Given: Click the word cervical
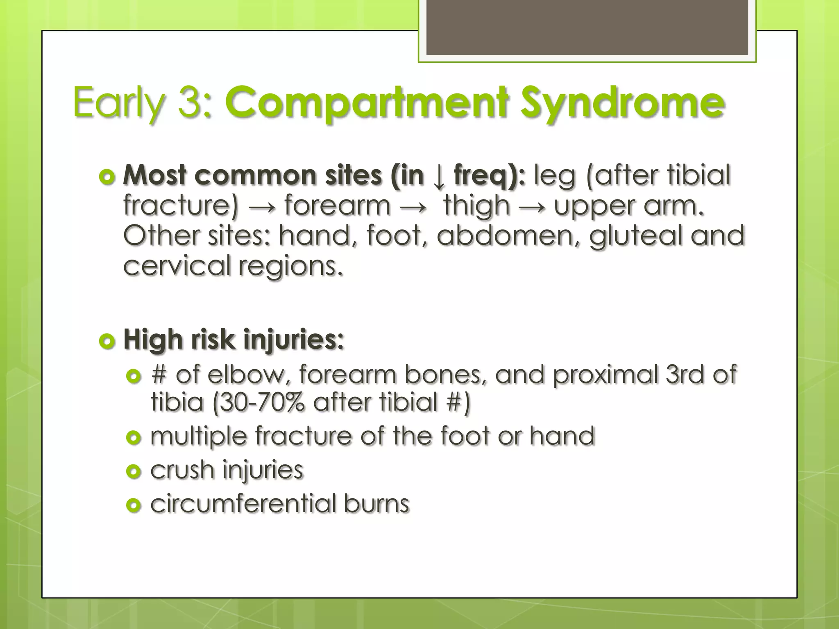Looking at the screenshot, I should click(177, 266).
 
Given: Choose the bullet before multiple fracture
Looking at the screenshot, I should click(134, 438).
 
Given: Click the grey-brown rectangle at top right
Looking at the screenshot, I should click(587, 27).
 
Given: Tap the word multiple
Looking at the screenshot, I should click(199, 436).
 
